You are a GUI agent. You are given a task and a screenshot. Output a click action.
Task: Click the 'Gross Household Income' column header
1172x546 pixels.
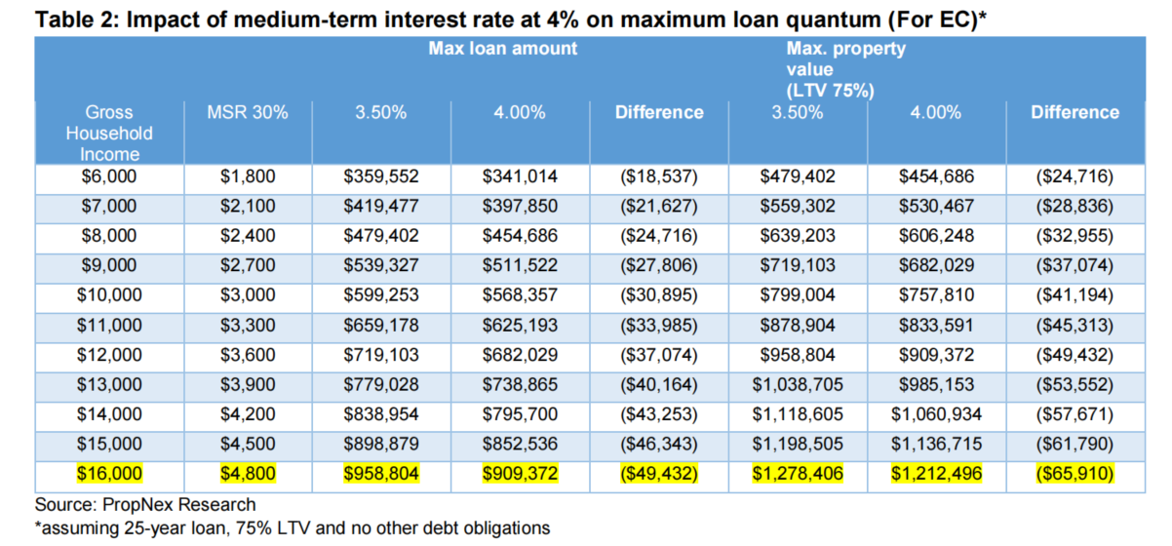108,134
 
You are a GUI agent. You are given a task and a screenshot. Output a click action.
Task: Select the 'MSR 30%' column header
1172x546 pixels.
248,112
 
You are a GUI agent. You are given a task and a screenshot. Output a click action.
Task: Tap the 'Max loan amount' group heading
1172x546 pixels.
502,48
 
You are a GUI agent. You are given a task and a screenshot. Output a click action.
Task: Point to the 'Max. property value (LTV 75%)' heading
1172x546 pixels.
832,69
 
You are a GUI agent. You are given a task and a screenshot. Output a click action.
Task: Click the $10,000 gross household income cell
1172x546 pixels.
108,295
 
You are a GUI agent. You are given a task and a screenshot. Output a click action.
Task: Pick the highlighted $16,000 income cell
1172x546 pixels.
108,474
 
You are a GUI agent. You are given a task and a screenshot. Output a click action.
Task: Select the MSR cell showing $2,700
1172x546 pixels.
248,266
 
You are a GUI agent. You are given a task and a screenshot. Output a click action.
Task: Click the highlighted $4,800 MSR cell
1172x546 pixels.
248,474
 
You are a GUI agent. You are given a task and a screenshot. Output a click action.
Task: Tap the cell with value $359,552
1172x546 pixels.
380,177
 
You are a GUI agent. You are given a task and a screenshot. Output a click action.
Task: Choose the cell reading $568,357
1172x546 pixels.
519,295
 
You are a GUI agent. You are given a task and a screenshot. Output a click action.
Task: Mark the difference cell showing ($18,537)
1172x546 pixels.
659,177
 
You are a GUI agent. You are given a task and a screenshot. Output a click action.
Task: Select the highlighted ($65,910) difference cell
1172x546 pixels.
1074,474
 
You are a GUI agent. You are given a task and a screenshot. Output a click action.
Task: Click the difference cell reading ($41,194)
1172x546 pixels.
1074,295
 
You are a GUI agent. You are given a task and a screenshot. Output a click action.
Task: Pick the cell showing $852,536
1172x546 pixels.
519,445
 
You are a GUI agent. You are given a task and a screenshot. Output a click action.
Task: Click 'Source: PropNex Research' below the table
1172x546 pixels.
145,505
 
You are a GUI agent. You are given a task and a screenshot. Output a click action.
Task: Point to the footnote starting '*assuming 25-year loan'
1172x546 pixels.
293,528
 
